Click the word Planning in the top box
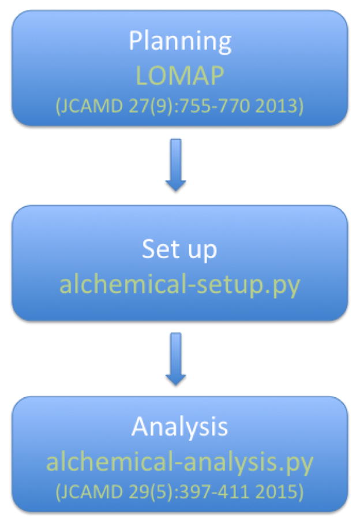179,42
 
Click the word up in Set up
202,249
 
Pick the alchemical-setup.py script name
179,285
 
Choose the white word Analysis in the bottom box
179,427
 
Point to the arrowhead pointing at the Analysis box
176,378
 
